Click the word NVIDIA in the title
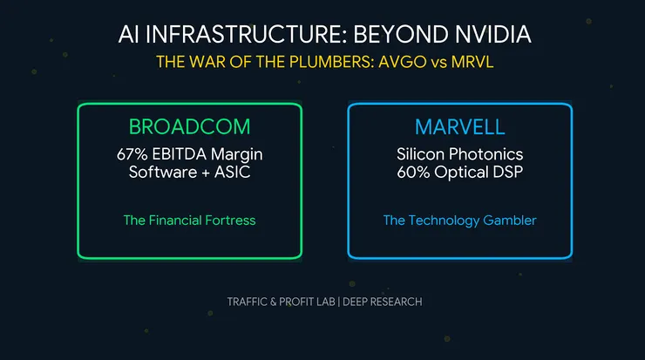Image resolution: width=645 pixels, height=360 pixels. click(x=482, y=35)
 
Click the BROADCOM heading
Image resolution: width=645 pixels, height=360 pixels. click(x=189, y=126)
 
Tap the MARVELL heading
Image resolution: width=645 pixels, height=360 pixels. click(x=459, y=126)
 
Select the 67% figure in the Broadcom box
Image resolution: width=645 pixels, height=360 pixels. click(x=146, y=153)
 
